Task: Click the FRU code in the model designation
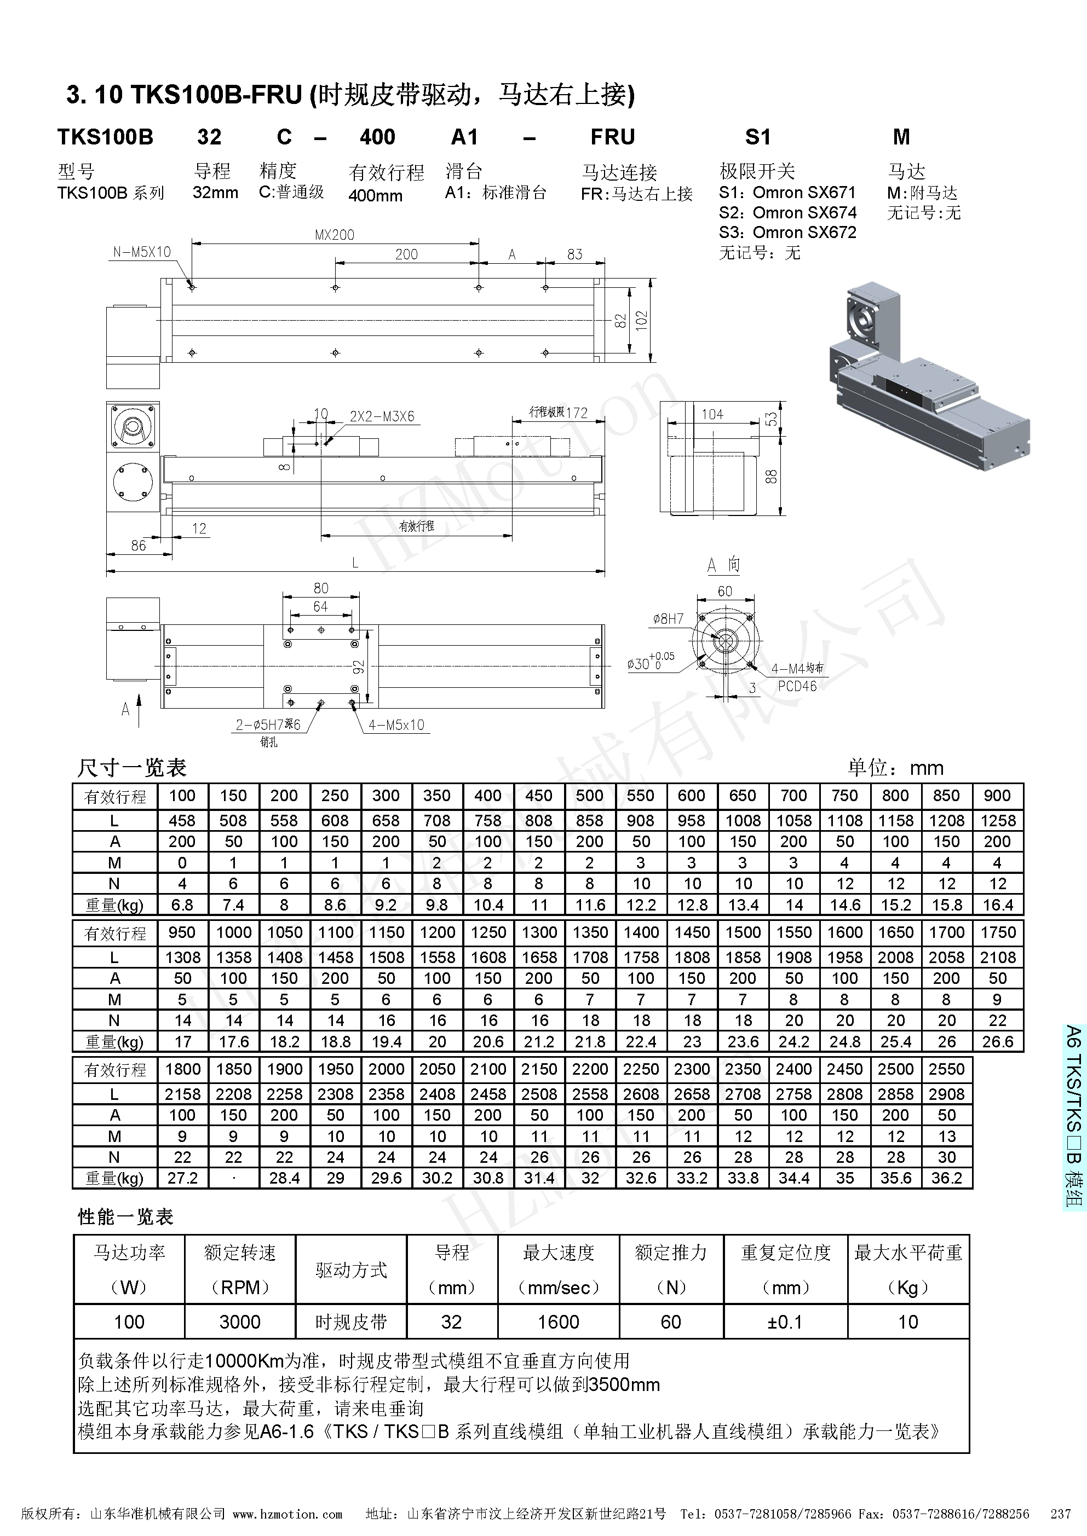[x=612, y=137]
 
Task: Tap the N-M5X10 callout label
[x=142, y=252]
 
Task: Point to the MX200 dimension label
[x=335, y=235]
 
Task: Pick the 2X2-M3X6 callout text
[x=382, y=416]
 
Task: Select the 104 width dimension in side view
[x=712, y=415]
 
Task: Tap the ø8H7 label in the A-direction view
[x=668, y=619]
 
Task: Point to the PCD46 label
[x=797, y=686]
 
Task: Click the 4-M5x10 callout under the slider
[x=396, y=725]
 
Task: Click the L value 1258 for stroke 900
[x=997, y=821]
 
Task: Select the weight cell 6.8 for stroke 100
[x=182, y=905]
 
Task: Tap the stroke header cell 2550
[x=946, y=1069]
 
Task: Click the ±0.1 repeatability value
[x=785, y=1322]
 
